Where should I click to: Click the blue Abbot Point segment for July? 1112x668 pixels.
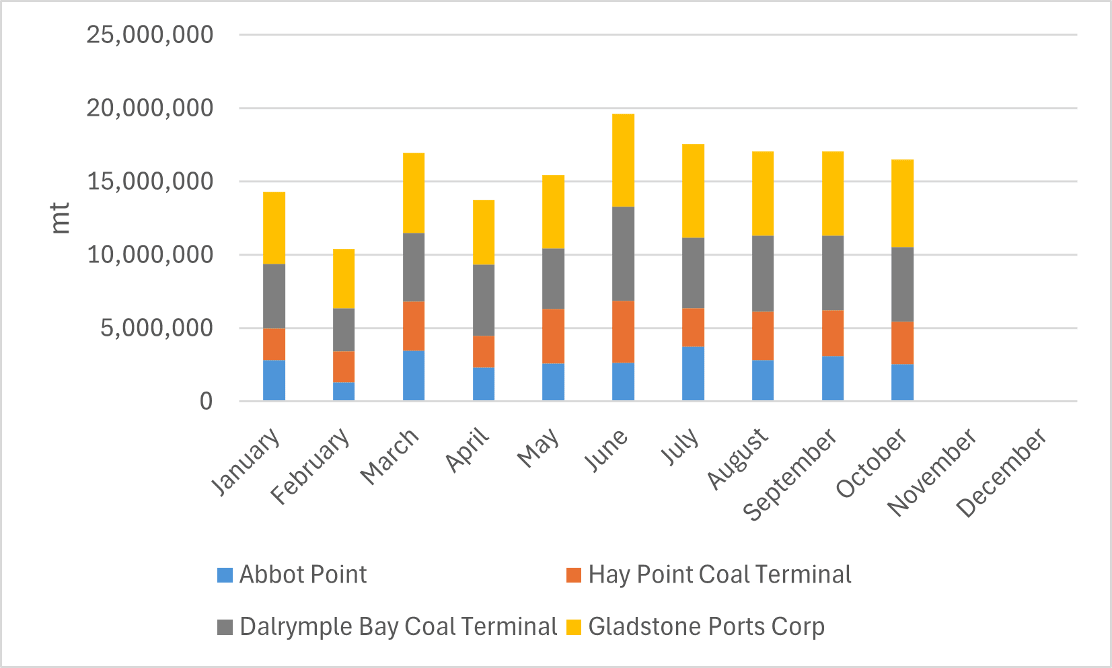tap(693, 373)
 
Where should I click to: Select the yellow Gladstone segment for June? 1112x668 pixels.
tap(623, 160)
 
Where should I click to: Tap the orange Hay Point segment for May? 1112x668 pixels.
tap(553, 336)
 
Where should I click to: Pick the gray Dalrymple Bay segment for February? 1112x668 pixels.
tap(344, 330)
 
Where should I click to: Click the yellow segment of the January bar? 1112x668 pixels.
tap(274, 227)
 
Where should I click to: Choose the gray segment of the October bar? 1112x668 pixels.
tap(902, 284)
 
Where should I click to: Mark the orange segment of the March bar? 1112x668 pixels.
tap(414, 326)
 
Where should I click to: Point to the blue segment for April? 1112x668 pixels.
tap(484, 383)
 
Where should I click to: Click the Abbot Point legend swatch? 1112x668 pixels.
tap(225, 575)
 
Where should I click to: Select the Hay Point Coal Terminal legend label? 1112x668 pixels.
tap(719, 575)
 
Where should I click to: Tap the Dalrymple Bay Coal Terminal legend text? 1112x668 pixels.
tap(398, 627)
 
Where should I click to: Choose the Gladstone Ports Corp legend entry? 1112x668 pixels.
tap(706, 627)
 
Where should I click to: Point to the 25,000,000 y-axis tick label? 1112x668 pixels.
tap(149, 34)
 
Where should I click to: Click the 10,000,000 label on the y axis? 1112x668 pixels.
tap(149, 254)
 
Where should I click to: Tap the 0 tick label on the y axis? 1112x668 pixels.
tap(206, 402)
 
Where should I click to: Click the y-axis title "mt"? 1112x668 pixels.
tap(61, 217)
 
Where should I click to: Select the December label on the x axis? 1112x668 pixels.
tap(1002, 472)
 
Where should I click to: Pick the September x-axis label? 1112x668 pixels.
tap(790, 474)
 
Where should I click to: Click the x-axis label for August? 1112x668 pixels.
tap(738, 458)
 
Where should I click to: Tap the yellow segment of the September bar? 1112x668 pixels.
tap(833, 193)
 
